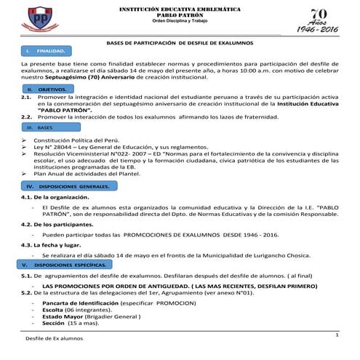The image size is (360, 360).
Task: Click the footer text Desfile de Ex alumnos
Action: coord(55,339)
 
